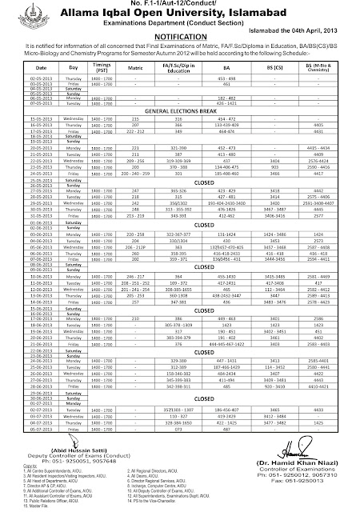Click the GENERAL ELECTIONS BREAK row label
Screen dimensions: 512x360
[182, 110]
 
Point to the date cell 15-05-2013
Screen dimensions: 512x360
[20, 117]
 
